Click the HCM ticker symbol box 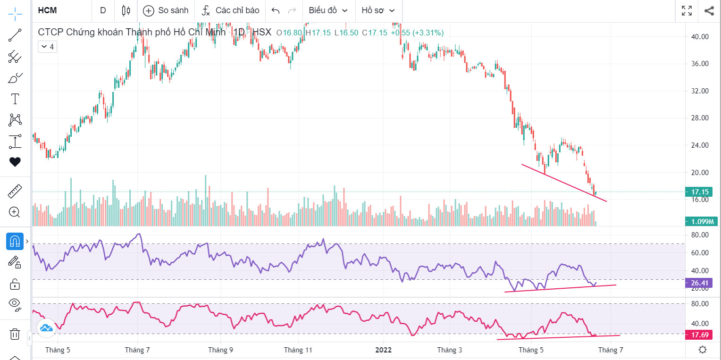(47, 10)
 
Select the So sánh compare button (166, 10)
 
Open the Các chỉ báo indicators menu (230, 10)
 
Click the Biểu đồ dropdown (328, 10)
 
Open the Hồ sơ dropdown (378, 10)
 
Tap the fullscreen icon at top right (687, 10)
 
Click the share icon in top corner (709, 10)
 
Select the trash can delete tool (15, 334)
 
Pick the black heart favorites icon (15, 162)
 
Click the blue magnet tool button (15, 242)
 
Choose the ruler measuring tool (15, 192)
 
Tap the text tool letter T (15, 99)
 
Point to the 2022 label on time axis (383, 350)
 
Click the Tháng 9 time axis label (220, 350)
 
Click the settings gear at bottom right (703, 350)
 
